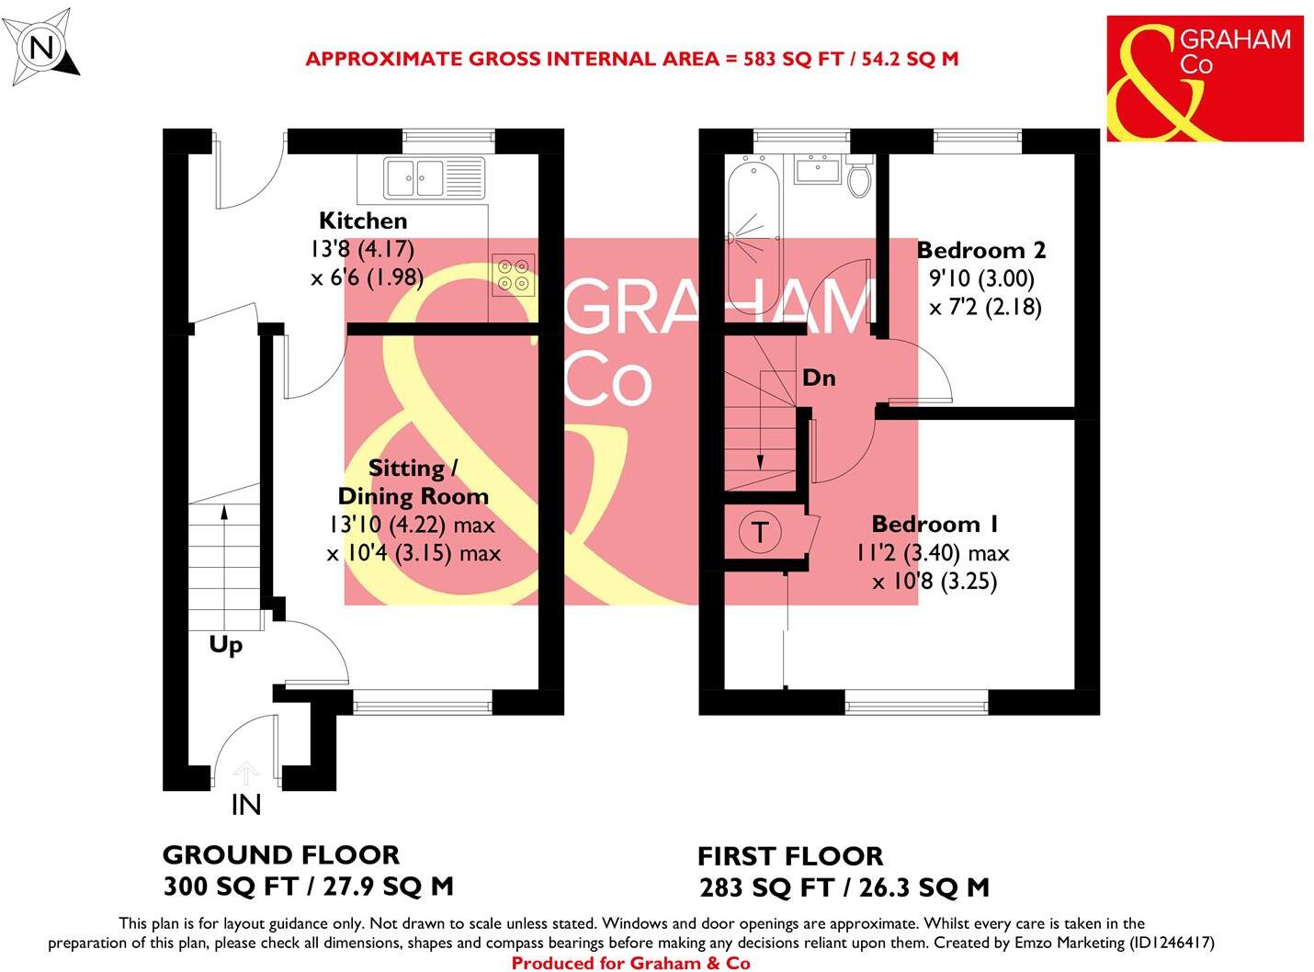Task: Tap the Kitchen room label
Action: click(363, 220)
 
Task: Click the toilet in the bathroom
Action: click(859, 178)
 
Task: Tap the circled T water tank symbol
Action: click(760, 532)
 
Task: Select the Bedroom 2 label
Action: click(980, 250)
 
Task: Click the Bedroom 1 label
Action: click(935, 525)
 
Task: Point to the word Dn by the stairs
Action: click(819, 378)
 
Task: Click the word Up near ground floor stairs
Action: click(226, 645)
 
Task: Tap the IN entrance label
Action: click(246, 805)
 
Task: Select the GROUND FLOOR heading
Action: click(281, 855)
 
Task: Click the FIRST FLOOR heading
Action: click(790, 856)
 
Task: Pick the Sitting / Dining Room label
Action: click(413, 482)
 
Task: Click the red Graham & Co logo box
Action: click(1205, 78)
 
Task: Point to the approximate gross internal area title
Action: click(631, 59)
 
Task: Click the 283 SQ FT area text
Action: click(765, 888)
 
